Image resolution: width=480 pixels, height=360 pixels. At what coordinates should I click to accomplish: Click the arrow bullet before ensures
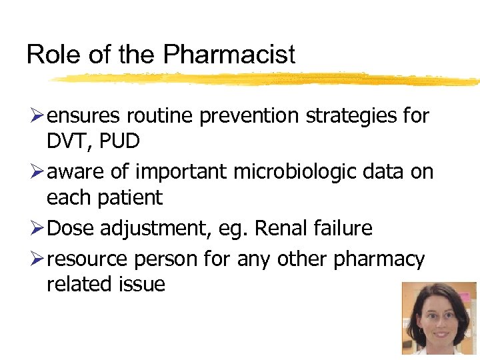click(x=35, y=116)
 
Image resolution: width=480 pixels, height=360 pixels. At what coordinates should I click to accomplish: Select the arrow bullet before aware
click(x=35, y=172)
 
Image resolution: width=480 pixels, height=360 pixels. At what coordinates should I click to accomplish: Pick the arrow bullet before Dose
click(x=35, y=228)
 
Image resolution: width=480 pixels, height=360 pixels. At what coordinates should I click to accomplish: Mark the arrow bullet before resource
click(x=35, y=259)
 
